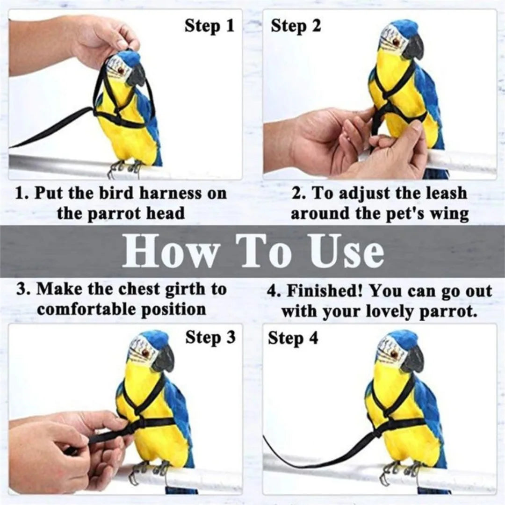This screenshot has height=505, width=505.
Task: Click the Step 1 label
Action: pos(209,26)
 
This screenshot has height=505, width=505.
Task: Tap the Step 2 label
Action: pos(296,26)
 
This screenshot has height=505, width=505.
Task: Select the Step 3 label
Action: pos(210,337)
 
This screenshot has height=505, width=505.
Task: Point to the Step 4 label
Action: pos(293,338)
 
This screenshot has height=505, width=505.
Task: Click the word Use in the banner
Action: pos(347,252)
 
